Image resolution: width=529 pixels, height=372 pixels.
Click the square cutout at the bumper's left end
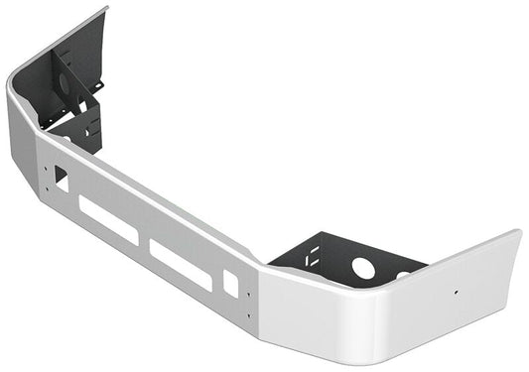(61, 179)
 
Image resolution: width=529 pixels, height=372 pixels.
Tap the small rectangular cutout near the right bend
(230, 282)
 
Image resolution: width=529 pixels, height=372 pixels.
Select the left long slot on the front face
(108, 220)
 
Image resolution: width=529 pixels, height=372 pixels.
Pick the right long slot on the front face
(180, 265)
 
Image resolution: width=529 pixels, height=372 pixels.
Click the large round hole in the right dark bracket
(363, 267)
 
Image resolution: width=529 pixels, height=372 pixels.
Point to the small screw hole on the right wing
(456, 293)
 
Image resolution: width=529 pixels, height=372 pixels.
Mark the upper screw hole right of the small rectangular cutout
(247, 299)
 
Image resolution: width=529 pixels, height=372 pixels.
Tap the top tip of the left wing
(104, 9)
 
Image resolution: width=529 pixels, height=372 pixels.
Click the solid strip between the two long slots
(143, 242)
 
